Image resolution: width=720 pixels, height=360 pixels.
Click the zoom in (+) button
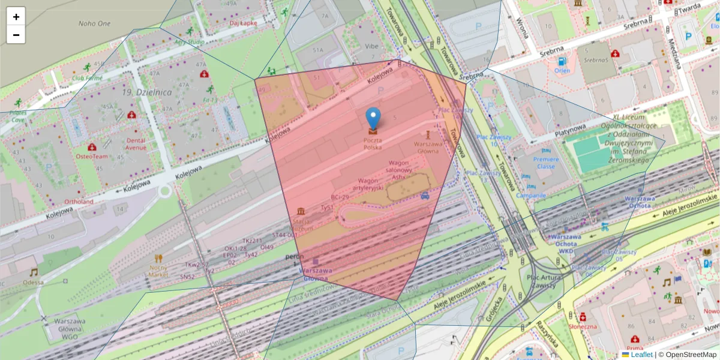click(16, 17)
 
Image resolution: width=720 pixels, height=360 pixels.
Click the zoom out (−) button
click(16, 35)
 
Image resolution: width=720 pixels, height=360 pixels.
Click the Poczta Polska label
click(372, 143)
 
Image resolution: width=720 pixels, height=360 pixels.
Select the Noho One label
click(94, 23)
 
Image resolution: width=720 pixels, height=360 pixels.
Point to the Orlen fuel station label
click(562, 70)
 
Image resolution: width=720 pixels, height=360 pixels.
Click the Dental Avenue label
click(136, 144)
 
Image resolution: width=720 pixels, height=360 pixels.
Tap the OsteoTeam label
click(92, 156)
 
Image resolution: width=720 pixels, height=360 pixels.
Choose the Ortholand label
click(79, 202)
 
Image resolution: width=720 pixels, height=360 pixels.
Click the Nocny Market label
click(158, 271)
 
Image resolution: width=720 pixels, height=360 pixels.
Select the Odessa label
click(33, 282)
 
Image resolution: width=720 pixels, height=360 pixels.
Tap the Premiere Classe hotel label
click(546, 163)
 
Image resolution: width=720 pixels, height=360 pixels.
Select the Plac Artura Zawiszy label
click(544, 281)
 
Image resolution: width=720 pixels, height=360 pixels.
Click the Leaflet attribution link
click(641, 355)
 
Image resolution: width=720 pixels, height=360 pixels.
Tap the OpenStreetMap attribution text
click(687, 355)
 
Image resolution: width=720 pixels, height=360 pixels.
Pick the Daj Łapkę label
click(244, 23)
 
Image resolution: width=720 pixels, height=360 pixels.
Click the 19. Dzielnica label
click(146, 92)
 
